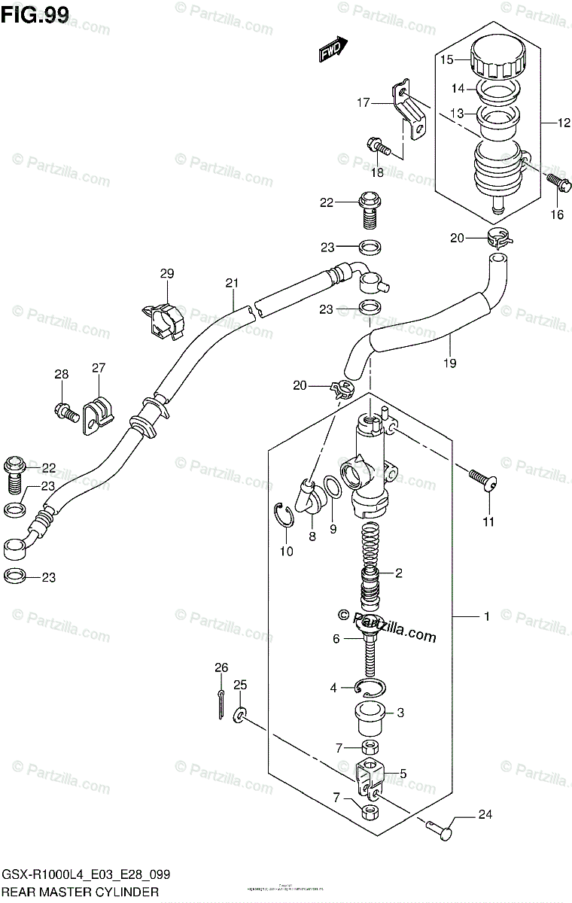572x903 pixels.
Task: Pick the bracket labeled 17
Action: point(408,109)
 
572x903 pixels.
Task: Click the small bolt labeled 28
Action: point(63,411)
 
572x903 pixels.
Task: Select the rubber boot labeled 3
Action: point(370,714)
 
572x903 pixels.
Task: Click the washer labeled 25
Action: point(239,712)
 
